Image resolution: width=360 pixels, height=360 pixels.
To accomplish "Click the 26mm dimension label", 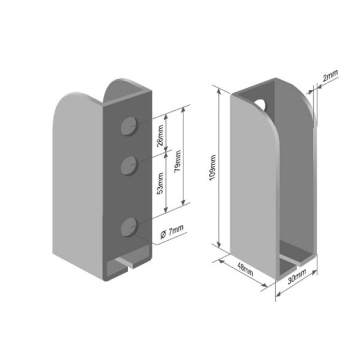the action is pos(160,136).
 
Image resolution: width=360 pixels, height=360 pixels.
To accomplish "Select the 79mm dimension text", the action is pos(178,161).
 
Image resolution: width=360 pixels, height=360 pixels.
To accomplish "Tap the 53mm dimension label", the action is pos(160,183).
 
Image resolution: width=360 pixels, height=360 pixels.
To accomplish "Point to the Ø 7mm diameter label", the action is pos(172,231).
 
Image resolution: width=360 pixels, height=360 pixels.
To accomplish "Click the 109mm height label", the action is pos(213,168).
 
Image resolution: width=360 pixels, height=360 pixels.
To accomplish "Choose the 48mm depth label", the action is pos(245,269).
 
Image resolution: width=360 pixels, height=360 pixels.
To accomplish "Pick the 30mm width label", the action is pos(297,276).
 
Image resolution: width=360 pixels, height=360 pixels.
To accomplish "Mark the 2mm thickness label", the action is pos(330,75).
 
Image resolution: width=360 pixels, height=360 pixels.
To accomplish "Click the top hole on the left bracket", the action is pos(129,126).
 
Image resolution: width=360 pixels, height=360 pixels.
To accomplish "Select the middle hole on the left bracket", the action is pos(129,166).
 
